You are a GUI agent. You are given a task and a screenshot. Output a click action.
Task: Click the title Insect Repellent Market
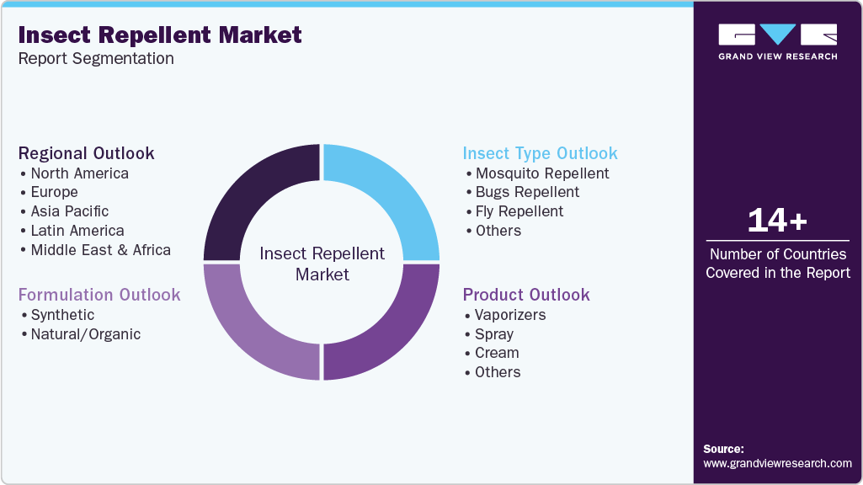(x=160, y=35)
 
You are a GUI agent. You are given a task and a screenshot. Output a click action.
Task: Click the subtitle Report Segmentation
(x=96, y=59)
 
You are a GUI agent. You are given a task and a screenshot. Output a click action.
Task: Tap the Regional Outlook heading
(x=87, y=153)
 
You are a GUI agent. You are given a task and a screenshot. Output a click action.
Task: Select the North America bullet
(x=79, y=173)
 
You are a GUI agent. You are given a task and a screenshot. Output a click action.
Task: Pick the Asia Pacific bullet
(x=69, y=211)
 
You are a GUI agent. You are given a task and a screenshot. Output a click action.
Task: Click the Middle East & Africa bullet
(x=100, y=250)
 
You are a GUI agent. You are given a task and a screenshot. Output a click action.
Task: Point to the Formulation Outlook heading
(x=99, y=295)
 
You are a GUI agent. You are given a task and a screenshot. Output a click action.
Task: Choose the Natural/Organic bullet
(x=85, y=334)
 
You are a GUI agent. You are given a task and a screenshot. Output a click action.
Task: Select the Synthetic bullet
(x=62, y=315)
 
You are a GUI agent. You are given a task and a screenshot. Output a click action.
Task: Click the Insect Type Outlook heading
(x=540, y=153)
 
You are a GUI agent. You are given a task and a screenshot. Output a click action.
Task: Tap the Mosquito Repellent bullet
(x=541, y=173)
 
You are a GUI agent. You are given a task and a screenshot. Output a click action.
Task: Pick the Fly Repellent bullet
(x=519, y=211)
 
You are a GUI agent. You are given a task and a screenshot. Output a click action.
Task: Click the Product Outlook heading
(x=526, y=295)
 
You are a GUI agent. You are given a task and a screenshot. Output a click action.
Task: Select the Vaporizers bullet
(x=509, y=315)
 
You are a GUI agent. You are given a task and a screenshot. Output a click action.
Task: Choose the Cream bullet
(x=496, y=353)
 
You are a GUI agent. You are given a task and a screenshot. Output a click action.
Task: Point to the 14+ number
(x=777, y=221)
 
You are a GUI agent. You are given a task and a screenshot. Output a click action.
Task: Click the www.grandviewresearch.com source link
(x=777, y=463)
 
